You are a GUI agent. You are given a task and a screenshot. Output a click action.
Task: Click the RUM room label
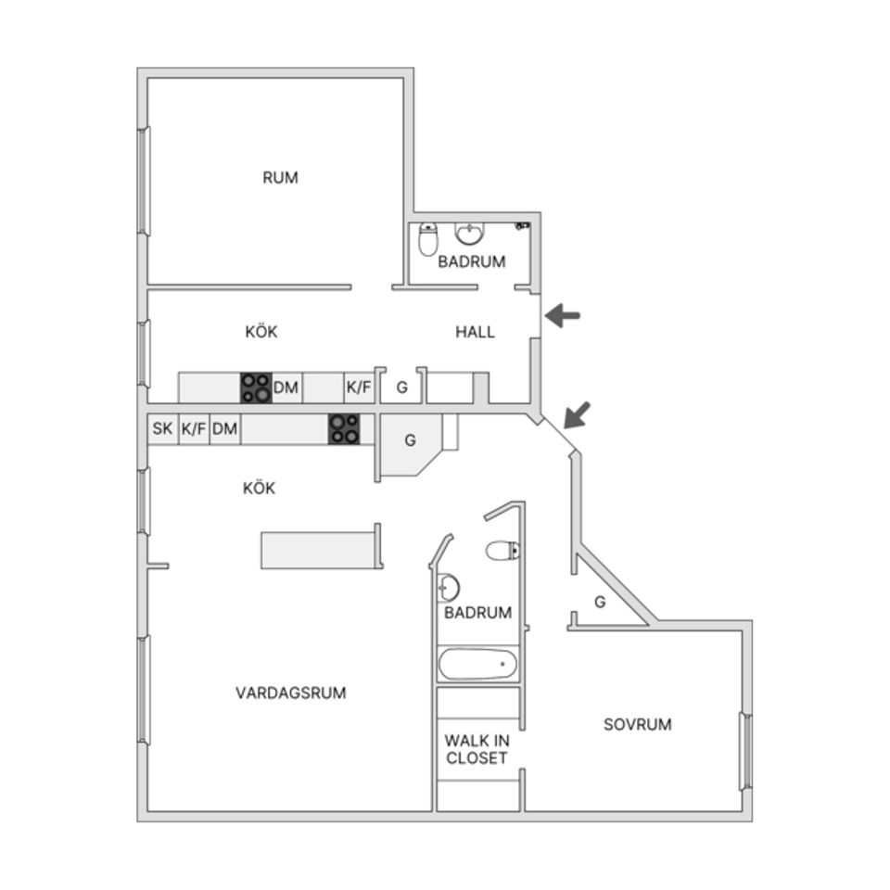pos(280,177)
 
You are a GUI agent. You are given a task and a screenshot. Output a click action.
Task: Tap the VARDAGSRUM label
pos(290,693)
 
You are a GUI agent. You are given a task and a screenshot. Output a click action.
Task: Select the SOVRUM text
pos(637,724)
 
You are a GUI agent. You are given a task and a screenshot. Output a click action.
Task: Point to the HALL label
pos(475,332)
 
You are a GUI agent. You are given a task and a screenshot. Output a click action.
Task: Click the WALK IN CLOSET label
pos(477,749)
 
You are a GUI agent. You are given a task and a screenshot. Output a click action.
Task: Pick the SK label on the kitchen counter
pos(162,428)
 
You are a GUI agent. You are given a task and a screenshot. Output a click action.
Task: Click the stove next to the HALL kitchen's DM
pos(256,388)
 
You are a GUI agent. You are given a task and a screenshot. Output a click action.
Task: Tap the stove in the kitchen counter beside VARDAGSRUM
pos(344,429)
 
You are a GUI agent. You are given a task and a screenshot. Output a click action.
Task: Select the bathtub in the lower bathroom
pos(477,664)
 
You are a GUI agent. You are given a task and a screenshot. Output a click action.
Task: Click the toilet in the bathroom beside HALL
pos(427,239)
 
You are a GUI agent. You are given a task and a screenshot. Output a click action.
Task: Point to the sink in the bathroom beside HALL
pos(471,231)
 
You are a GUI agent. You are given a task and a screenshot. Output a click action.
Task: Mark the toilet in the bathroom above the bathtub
pos(502,552)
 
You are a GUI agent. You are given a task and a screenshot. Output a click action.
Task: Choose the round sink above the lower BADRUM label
pos(449,587)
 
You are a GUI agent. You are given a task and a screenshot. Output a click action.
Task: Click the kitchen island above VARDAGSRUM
pos(321,550)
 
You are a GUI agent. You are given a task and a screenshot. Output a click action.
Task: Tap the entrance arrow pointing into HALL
pos(562,316)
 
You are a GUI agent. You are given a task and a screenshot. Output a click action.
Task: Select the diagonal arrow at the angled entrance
pos(576,414)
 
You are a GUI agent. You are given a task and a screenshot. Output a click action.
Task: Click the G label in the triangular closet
pos(600,602)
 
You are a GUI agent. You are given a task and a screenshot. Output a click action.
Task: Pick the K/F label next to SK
pos(193,428)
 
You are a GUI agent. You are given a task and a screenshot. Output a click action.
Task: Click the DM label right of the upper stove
pos(286,388)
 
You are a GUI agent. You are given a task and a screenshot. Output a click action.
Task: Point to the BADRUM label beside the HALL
pos(472,261)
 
